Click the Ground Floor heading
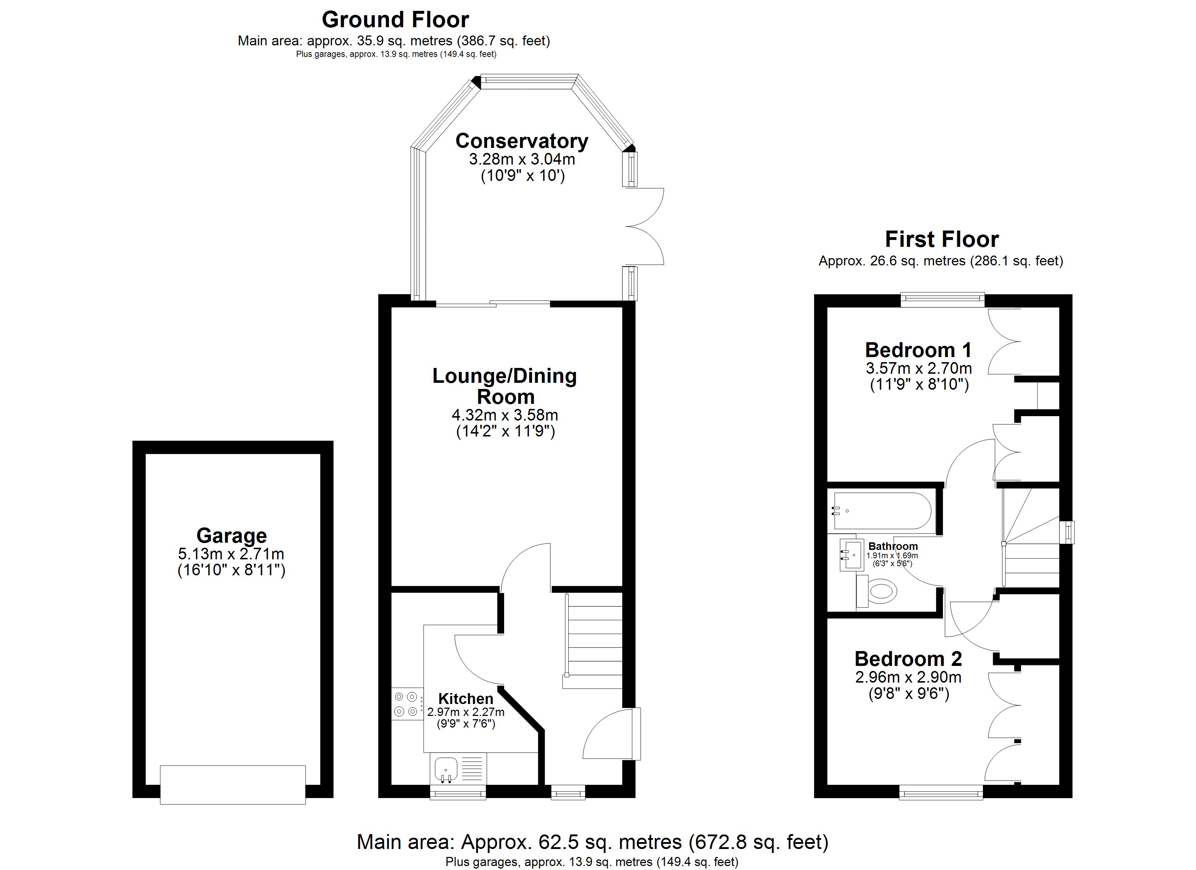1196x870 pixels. [395, 20]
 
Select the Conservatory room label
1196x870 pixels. [522, 141]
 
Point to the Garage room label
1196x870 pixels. [232, 535]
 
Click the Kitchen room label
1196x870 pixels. [466, 699]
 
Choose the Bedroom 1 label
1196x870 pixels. [918, 350]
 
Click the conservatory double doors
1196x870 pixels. [645, 226]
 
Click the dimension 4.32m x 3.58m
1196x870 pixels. [504, 415]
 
